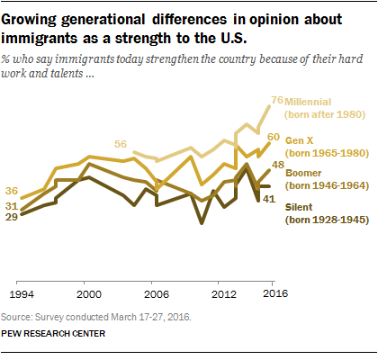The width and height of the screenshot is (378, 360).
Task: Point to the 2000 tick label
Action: [87, 293]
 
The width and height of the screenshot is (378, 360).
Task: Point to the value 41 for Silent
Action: [267, 198]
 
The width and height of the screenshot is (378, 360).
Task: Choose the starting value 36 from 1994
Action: [13, 191]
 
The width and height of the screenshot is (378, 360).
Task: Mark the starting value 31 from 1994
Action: [13, 206]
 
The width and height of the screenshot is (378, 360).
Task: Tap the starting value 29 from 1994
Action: [13, 217]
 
